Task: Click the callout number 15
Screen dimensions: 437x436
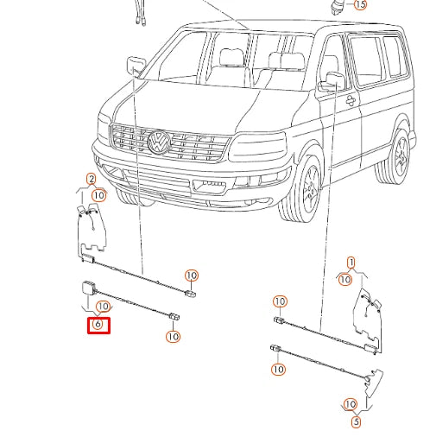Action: (360, 4)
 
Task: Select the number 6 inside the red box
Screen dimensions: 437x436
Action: (98, 325)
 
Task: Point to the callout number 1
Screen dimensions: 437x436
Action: (351, 262)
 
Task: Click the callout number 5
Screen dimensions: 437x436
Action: (356, 422)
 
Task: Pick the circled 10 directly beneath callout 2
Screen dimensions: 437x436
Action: (98, 195)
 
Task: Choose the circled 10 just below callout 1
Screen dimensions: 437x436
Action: (344, 278)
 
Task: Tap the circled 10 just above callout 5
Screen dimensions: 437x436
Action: (350, 404)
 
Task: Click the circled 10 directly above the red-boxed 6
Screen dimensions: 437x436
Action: (104, 307)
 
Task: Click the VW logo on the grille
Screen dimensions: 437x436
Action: (159, 142)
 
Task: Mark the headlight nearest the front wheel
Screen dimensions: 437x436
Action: (256, 150)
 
